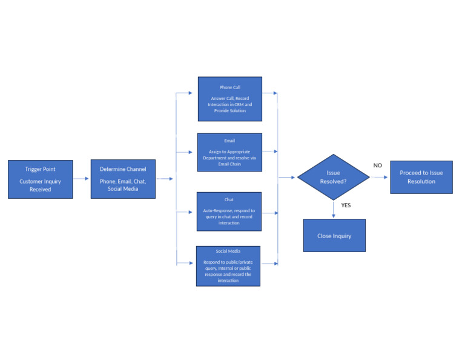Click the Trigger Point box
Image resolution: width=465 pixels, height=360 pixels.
[x=40, y=179]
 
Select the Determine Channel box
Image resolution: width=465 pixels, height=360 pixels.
[x=123, y=179]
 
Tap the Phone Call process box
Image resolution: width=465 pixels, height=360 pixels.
[x=229, y=99]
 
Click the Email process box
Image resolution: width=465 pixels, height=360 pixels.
[x=229, y=152]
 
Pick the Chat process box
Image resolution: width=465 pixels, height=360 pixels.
[x=229, y=212]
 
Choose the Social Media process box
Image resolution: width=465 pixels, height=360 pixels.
[x=228, y=265]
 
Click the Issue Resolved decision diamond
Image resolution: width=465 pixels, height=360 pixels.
[x=333, y=177]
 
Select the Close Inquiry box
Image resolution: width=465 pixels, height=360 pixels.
[x=334, y=235]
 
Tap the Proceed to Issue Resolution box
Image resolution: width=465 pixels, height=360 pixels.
[x=421, y=177]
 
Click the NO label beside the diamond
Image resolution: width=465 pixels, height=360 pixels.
[x=377, y=165]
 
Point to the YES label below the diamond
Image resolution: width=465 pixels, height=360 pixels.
[x=346, y=205]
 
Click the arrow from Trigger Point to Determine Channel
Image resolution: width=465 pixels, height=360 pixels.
[x=81, y=179]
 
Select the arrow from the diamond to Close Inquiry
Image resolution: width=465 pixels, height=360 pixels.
[x=333, y=210]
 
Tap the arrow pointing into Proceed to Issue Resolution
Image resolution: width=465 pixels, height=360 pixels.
[x=380, y=178]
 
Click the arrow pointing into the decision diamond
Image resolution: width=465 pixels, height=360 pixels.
[x=287, y=178]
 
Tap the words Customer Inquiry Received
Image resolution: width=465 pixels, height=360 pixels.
[x=40, y=185]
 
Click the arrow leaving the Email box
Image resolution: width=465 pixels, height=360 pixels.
[x=270, y=152]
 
